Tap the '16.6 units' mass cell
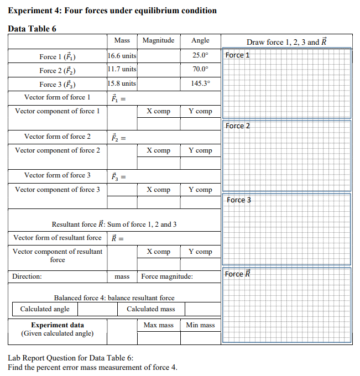tap(122, 56)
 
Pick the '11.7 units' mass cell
tap(122, 70)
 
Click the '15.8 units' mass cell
tap(122, 84)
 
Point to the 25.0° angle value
tap(200, 56)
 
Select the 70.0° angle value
tap(200, 70)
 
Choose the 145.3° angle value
tap(200, 84)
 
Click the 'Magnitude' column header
tap(158, 40)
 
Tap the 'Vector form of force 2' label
tap(58, 137)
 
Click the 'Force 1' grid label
tap(238, 55)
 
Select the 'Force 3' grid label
tap(238, 200)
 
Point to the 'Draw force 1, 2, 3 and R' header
tap(286, 42)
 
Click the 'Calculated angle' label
tap(45, 309)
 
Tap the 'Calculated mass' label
tap(150, 309)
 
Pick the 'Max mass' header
tap(158, 325)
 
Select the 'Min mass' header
tap(200, 325)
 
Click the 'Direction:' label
tap(27, 276)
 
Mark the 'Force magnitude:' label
tap(167, 276)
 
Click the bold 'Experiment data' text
tap(58, 325)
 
